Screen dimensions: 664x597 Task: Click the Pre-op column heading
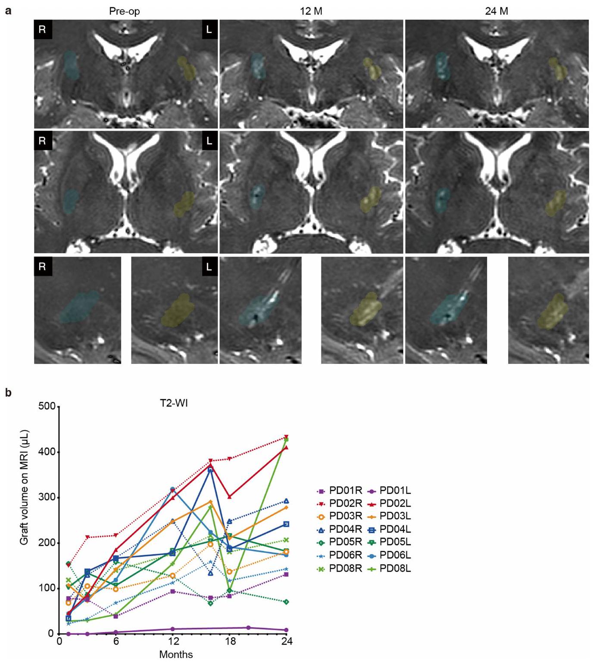124,11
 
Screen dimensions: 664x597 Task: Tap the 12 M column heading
311,11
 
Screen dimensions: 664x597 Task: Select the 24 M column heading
497,11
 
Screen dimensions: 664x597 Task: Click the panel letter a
8,11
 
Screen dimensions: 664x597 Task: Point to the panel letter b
8,393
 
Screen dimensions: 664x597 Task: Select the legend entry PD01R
340,490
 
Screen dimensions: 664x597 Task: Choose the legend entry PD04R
340,529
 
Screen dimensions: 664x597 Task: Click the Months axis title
176,655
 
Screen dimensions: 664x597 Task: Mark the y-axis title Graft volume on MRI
24,487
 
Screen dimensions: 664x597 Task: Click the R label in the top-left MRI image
42,30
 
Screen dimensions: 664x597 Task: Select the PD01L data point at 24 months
286,630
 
